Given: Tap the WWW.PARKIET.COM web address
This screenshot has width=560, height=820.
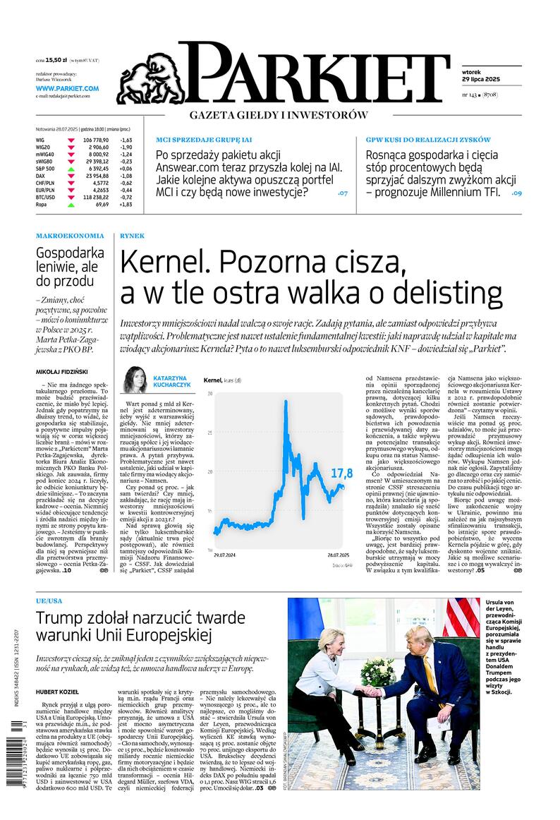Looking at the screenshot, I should [67, 88].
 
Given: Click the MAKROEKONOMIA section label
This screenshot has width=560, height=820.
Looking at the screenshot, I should [70, 236].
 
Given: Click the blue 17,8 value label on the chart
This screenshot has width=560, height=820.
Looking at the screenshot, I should [341, 473].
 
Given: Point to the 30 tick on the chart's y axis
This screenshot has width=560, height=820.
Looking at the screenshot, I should [209, 393].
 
